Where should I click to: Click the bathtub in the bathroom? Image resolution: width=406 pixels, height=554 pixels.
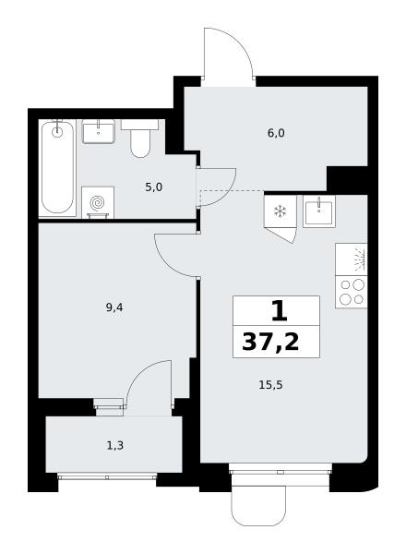point(57,168)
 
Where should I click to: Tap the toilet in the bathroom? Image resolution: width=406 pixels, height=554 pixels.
point(140,138)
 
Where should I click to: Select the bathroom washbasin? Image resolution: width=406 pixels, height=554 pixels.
point(99,131)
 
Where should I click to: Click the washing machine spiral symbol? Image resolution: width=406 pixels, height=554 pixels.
point(97,203)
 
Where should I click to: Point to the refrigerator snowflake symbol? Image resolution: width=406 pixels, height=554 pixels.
point(280,211)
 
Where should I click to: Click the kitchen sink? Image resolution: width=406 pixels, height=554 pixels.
point(318,211)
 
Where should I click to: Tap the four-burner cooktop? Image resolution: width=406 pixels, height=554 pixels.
point(352,292)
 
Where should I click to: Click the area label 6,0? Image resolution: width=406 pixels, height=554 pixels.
point(276,134)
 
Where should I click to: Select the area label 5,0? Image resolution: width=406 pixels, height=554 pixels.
point(153,187)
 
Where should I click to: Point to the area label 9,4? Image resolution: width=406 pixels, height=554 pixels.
point(114,307)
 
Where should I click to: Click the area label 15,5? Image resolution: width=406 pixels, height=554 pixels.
point(270,385)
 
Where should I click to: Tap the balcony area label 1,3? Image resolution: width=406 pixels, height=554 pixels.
point(115,446)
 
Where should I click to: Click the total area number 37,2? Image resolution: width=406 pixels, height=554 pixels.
point(270,342)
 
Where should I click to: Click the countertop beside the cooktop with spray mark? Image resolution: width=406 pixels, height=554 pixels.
point(352,259)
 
